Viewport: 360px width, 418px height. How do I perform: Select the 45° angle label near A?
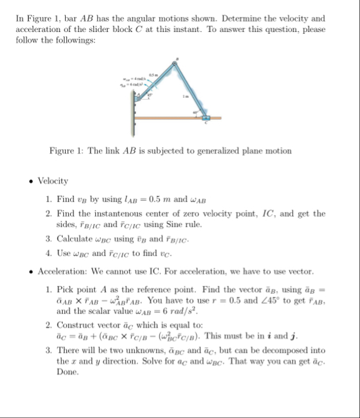point(149,94)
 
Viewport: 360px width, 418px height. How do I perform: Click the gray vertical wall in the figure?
point(134,110)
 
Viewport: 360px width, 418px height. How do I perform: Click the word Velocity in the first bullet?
point(53,181)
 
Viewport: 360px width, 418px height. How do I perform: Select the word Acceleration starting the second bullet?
point(61,272)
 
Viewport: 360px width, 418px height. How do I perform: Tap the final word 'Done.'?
point(68,372)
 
